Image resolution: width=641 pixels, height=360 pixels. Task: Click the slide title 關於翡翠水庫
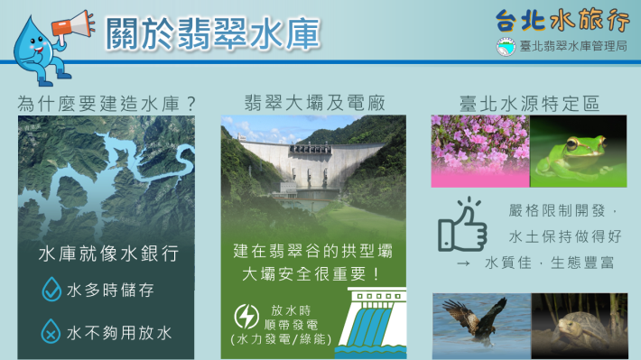212,33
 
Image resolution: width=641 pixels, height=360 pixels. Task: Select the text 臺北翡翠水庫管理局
569,45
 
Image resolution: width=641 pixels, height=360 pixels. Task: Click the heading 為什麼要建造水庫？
107,102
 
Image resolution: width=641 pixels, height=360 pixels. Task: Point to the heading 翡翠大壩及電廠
313,102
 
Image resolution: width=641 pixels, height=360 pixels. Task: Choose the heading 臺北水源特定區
528,102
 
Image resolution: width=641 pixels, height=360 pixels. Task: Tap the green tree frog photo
578,151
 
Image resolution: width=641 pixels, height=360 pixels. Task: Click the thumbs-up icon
462,226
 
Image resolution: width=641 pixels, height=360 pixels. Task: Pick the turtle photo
578,326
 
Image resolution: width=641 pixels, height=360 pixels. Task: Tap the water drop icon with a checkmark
51,290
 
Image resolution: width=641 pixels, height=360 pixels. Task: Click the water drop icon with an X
51,333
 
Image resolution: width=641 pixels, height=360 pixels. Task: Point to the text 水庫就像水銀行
107,254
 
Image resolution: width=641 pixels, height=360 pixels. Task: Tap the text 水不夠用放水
119,334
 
